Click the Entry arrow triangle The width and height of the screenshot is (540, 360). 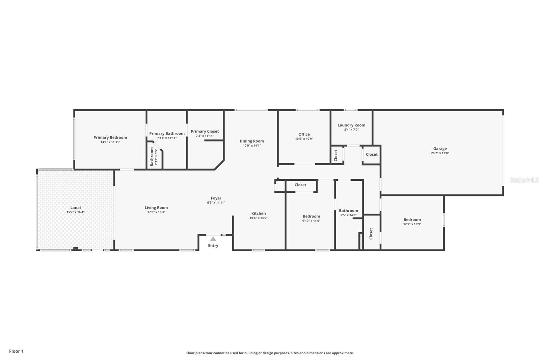click(213, 239)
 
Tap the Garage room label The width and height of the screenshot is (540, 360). click(440, 149)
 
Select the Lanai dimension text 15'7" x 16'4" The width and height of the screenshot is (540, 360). click(76, 212)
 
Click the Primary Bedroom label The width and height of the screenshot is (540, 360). click(110, 137)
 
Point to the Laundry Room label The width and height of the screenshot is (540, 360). click(351, 125)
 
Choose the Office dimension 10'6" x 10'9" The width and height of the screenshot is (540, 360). click(304, 139)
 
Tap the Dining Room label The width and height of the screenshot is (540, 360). click(252, 141)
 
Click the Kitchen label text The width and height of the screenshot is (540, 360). click(259, 213)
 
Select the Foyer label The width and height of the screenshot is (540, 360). click(216, 198)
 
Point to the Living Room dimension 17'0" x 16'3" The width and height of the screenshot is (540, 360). click(156, 212)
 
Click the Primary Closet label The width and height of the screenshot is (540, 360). click(205, 131)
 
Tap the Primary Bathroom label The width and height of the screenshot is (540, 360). click(167, 134)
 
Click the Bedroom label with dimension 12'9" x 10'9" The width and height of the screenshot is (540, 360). click(412, 220)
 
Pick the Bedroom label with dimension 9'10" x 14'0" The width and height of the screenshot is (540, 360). click(311, 216)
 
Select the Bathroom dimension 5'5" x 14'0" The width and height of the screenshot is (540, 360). click(348, 215)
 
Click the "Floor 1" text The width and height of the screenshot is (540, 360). click(16, 351)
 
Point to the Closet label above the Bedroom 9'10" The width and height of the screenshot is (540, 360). click(300, 185)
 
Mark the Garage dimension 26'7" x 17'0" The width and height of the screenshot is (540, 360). click(440, 153)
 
